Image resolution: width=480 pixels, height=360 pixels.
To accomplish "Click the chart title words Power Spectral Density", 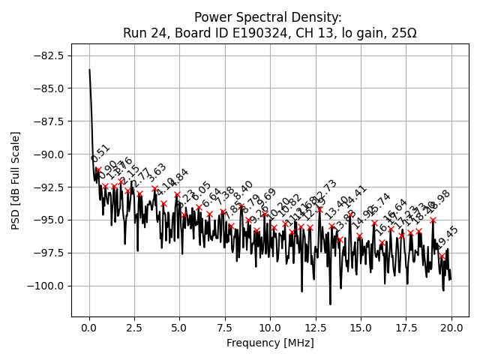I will click(268, 17).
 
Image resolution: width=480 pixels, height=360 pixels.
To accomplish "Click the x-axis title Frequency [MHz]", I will click(270, 343).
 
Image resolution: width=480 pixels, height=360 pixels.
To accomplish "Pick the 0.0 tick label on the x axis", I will click(89, 328).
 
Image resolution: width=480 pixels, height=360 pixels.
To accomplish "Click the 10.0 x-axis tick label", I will click(270, 328).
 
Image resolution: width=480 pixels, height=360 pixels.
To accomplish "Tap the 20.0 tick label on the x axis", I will click(451, 328).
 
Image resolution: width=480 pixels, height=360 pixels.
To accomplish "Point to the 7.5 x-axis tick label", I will click(225, 328).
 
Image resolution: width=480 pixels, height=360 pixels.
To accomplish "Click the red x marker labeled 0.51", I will click(98, 170).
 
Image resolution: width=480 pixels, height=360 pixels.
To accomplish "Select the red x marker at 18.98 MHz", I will click(433, 220).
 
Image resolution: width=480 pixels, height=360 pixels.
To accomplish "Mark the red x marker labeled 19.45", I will click(442, 256).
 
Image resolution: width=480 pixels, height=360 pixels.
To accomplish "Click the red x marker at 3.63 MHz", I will click(155, 189).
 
